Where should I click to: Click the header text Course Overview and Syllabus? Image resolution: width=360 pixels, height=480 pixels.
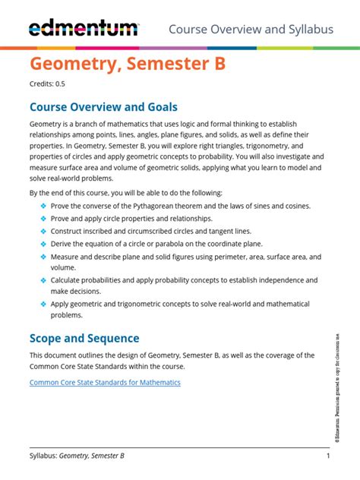click(x=251, y=29)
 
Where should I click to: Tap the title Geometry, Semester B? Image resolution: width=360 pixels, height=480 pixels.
click(x=128, y=65)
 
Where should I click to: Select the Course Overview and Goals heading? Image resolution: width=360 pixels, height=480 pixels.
click(x=103, y=107)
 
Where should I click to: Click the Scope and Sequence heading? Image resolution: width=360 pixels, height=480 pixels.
click(x=84, y=338)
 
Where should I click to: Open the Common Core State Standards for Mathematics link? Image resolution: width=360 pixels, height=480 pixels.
click(x=105, y=382)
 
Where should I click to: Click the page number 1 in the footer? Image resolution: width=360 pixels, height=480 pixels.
click(x=327, y=456)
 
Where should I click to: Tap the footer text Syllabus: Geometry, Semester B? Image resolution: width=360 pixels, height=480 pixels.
click(x=77, y=456)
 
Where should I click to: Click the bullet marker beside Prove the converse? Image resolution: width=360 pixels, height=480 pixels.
click(x=43, y=206)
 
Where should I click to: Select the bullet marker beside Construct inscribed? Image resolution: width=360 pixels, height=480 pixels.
click(x=43, y=231)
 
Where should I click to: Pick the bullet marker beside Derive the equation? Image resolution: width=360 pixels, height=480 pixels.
click(x=43, y=244)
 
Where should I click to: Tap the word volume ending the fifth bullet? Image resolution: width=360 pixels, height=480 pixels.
click(x=64, y=267)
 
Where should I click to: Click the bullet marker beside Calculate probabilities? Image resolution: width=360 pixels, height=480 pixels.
click(x=43, y=280)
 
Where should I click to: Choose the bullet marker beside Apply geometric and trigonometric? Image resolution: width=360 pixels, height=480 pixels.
click(x=43, y=304)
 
